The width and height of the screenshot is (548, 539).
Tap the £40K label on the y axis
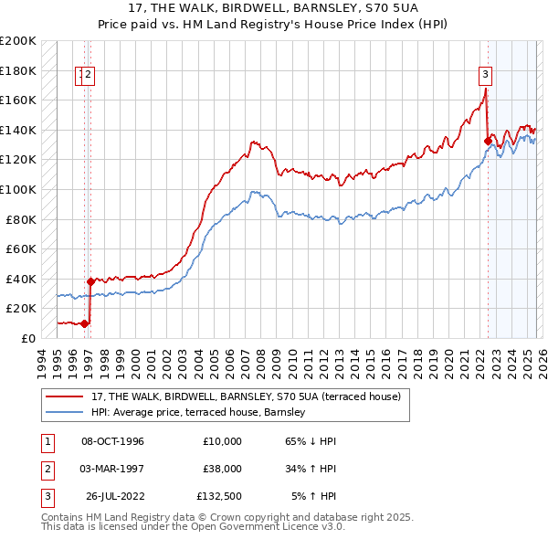pyautogui.click(x=21, y=279)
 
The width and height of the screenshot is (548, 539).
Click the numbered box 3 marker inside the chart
pyautogui.click(x=485, y=75)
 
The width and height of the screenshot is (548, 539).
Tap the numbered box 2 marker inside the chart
pyautogui.click(x=90, y=75)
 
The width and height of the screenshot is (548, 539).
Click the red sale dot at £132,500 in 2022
pyautogui.click(x=487, y=141)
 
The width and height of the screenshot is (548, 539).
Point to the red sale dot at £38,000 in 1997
pyautogui.click(x=90, y=281)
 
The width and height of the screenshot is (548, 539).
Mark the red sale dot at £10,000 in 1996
pyautogui.click(x=84, y=322)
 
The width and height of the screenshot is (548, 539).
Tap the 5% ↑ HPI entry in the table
pyautogui.click(x=313, y=496)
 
